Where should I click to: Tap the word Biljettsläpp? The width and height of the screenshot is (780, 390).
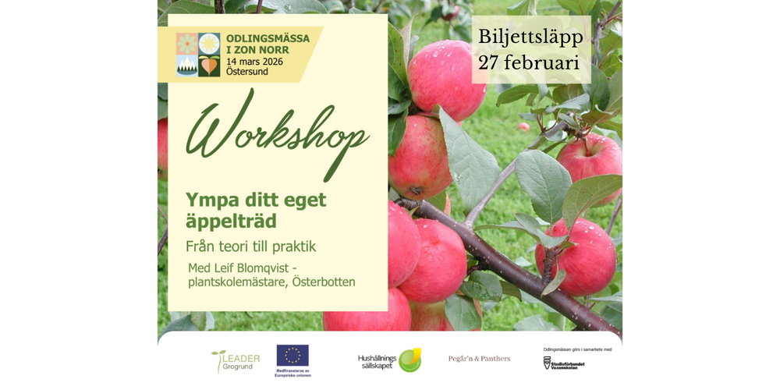(530, 37)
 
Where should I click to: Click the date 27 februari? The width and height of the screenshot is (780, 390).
(529, 63)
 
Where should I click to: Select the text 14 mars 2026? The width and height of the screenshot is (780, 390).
(254, 61)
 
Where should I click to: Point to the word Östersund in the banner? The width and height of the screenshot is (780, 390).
(246, 72)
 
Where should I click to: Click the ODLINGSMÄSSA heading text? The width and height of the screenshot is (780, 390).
(268, 38)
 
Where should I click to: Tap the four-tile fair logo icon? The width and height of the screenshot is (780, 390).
(198, 55)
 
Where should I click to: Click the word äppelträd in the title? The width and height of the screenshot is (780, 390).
(231, 222)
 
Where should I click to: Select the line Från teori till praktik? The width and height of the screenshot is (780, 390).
(250, 246)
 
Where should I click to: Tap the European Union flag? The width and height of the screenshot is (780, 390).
(292, 356)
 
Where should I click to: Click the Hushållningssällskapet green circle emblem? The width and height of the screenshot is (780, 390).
(409, 360)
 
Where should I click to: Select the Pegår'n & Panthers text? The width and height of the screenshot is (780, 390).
(479, 359)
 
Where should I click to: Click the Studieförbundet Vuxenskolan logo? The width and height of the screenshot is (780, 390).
(563, 363)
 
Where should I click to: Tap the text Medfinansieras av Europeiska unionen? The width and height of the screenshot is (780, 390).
(292, 372)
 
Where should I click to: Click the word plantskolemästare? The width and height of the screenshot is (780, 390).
(236, 282)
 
